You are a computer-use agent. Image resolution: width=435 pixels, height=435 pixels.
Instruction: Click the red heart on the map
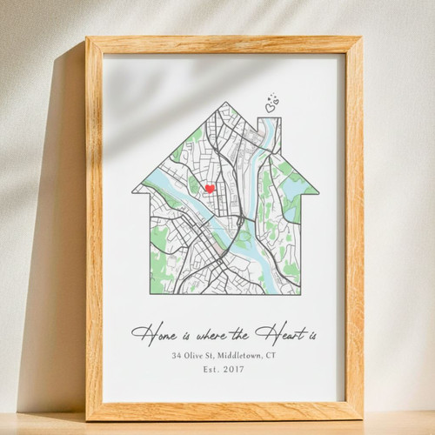click(x=209, y=189)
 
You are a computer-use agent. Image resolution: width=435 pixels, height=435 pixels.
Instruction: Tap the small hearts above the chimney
click(x=271, y=104)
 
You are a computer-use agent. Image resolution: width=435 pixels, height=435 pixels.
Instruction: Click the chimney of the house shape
click(x=271, y=130)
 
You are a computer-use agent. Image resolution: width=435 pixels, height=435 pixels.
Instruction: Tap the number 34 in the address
click(x=177, y=355)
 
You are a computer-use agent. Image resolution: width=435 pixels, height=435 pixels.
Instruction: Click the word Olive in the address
click(x=199, y=355)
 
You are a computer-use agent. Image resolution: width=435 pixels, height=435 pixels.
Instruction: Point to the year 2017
click(x=232, y=370)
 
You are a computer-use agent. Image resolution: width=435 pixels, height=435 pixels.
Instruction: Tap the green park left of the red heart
click(x=193, y=184)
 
